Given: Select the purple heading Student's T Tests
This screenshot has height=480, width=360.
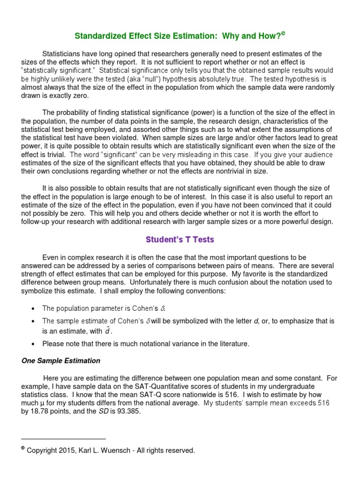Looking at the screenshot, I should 180,240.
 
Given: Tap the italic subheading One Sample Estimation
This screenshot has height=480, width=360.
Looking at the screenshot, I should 61,360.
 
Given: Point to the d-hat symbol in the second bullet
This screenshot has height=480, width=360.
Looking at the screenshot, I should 109,330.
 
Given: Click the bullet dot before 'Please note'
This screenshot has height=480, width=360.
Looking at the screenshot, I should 31,344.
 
